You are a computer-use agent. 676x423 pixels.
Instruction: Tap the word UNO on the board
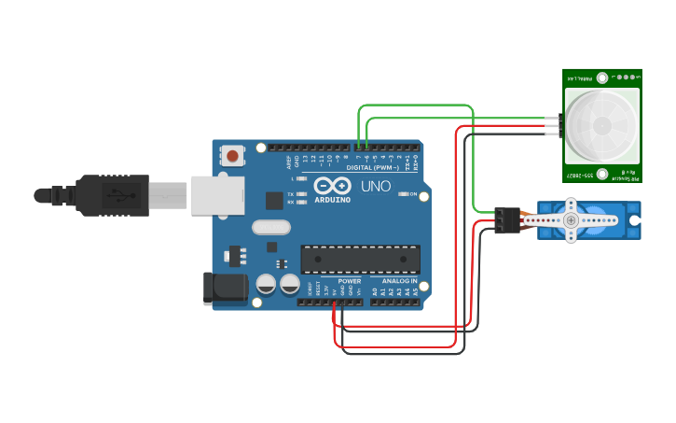click(375, 186)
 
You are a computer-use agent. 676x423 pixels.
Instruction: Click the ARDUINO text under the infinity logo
click(333, 200)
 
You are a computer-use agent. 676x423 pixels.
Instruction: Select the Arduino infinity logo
click(332, 185)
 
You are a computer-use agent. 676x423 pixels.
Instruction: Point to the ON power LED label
click(411, 193)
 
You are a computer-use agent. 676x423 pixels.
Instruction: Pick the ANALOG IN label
click(399, 280)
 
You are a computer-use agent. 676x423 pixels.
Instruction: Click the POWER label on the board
click(349, 280)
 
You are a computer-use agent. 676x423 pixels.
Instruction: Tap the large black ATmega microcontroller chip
click(360, 259)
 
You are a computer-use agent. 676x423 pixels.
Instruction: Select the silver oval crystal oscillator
click(271, 226)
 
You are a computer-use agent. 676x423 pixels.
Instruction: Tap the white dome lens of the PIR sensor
click(601, 124)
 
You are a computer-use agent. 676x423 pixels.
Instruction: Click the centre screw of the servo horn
click(571, 220)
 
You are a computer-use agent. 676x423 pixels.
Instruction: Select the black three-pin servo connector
click(507, 219)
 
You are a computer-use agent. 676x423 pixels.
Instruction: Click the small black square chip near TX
click(274, 200)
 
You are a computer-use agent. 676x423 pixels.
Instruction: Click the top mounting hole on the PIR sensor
click(603, 78)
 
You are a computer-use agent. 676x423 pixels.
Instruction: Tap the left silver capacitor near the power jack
click(266, 284)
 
